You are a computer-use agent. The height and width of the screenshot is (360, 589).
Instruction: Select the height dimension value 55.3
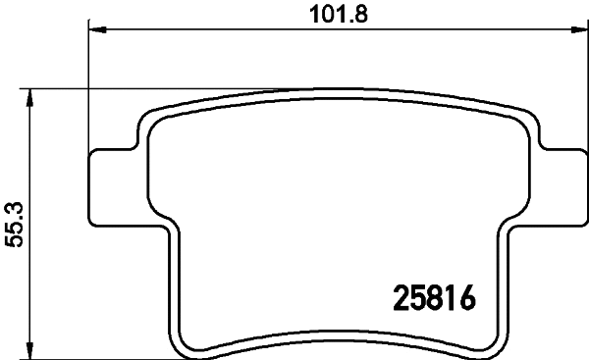[x=14, y=224]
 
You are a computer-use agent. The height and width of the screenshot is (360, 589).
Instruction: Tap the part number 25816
[x=435, y=296]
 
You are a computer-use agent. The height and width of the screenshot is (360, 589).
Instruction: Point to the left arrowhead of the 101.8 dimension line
[x=96, y=30]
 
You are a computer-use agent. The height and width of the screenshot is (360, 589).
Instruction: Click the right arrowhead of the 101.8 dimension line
[x=574, y=30]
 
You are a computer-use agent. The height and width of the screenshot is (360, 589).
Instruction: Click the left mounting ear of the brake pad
[x=110, y=183]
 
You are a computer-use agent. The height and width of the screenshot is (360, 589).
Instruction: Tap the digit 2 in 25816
[x=402, y=296]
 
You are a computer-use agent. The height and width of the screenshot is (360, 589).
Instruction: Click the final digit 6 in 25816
[x=468, y=296]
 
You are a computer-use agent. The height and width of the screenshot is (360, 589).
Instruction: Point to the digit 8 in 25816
[x=436, y=296]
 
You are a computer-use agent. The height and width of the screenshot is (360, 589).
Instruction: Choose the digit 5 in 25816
[x=419, y=296]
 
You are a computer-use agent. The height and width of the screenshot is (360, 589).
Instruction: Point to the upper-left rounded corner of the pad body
[x=148, y=118]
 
